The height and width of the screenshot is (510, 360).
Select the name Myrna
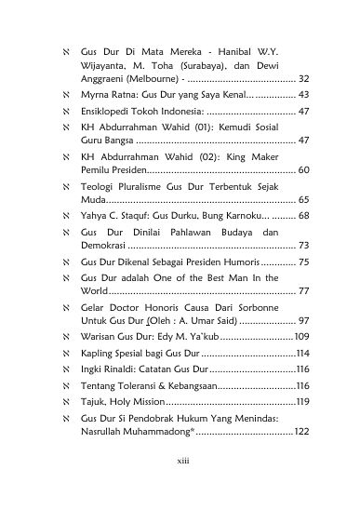98,96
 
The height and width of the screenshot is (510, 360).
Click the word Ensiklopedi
111,111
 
